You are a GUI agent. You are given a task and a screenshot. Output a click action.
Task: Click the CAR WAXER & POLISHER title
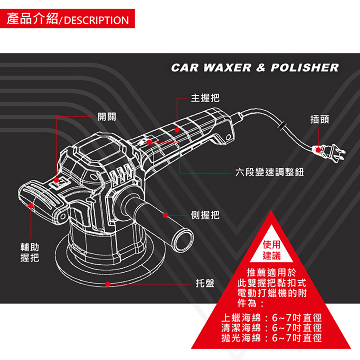pyautogui.click(x=255, y=68)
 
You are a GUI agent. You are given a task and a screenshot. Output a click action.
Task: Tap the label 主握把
pyautogui.click(x=205, y=98)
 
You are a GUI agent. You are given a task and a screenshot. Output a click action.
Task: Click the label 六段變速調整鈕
pyautogui.click(x=269, y=173)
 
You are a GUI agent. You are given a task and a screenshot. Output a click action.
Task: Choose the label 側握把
pyautogui.click(x=205, y=215)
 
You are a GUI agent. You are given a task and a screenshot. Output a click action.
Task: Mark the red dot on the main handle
pyautogui.click(x=177, y=130)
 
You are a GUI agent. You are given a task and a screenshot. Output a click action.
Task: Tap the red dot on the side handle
pyautogui.click(x=165, y=215)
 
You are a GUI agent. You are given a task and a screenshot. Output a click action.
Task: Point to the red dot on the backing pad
pyautogui.click(x=108, y=284)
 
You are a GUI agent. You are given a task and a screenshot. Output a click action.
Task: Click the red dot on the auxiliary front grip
pyautogui.click(x=31, y=205)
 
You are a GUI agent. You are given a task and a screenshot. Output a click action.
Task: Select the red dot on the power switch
pyautogui.click(x=57, y=180)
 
